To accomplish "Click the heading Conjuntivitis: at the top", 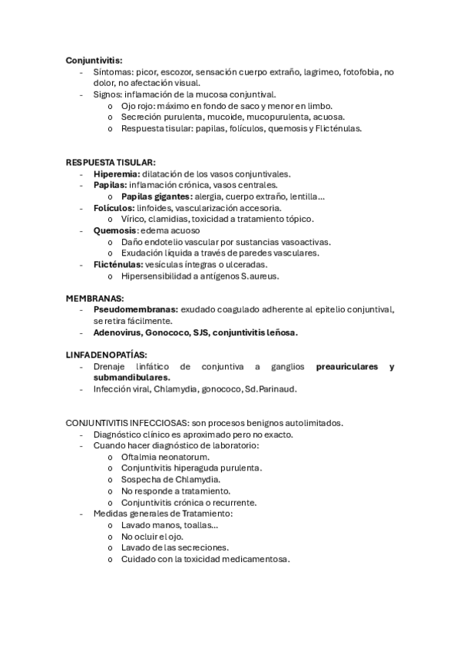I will point(94,60).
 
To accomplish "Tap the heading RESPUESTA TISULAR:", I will point(111,163).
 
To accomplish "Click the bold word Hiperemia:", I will point(117,174).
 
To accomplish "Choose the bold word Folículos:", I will point(114,207).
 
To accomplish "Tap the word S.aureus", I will point(258,276).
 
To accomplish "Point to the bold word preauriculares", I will point(346,366).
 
